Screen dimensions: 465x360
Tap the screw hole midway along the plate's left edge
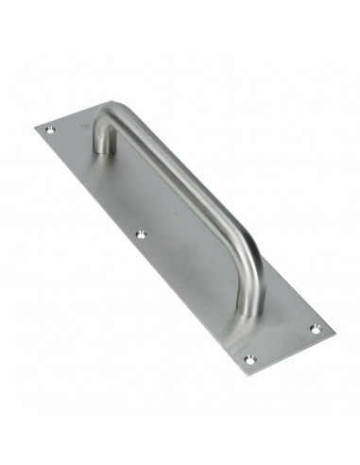click(143, 232)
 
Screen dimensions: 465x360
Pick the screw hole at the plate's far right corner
click(315, 328)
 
